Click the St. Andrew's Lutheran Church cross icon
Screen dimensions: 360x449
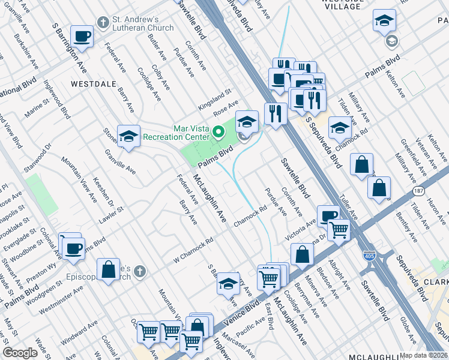coord(104,23)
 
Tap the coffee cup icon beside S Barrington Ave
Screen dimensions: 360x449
coord(82,37)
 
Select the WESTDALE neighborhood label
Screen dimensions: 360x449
coord(93,85)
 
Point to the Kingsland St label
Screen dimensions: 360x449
coord(214,95)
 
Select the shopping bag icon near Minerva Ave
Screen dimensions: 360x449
coord(303,254)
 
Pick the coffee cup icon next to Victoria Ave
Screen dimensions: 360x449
coord(328,215)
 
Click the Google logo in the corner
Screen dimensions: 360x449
coord(20,353)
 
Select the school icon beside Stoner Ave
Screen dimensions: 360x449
coord(128,137)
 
